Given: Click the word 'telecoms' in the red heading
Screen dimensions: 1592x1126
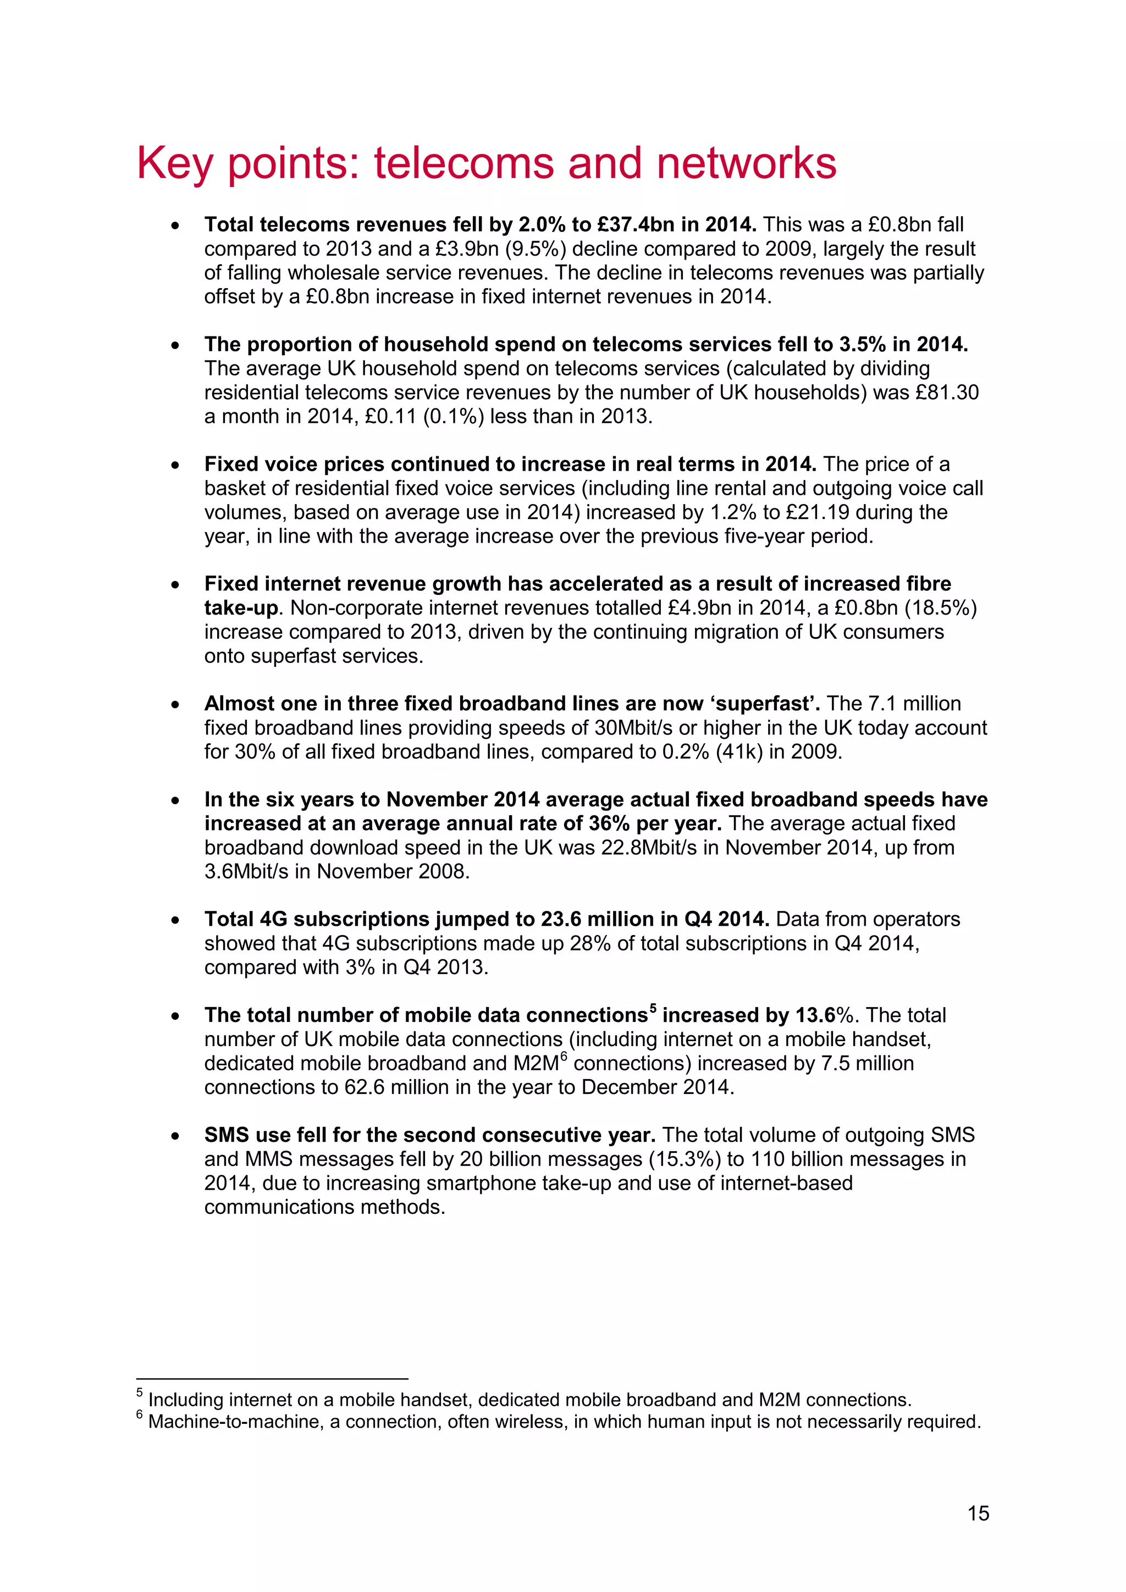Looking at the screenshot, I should point(465,164).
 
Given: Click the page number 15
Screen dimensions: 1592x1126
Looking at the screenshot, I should point(978,1513).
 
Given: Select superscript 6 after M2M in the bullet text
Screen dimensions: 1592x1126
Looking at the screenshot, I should point(564,1058).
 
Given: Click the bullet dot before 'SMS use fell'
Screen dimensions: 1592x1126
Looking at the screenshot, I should point(175,1136).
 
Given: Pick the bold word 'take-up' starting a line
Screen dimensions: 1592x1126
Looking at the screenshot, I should point(241,608).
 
